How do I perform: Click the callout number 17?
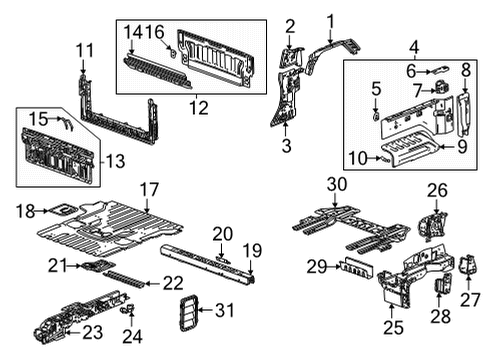click(x=149, y=188)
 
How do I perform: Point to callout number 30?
click(x=335, y=183)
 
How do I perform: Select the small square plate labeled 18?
click(x=61, y=210)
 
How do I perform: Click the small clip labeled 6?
click(x=441, y=70)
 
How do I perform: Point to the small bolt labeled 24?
click(x=126, y=311)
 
